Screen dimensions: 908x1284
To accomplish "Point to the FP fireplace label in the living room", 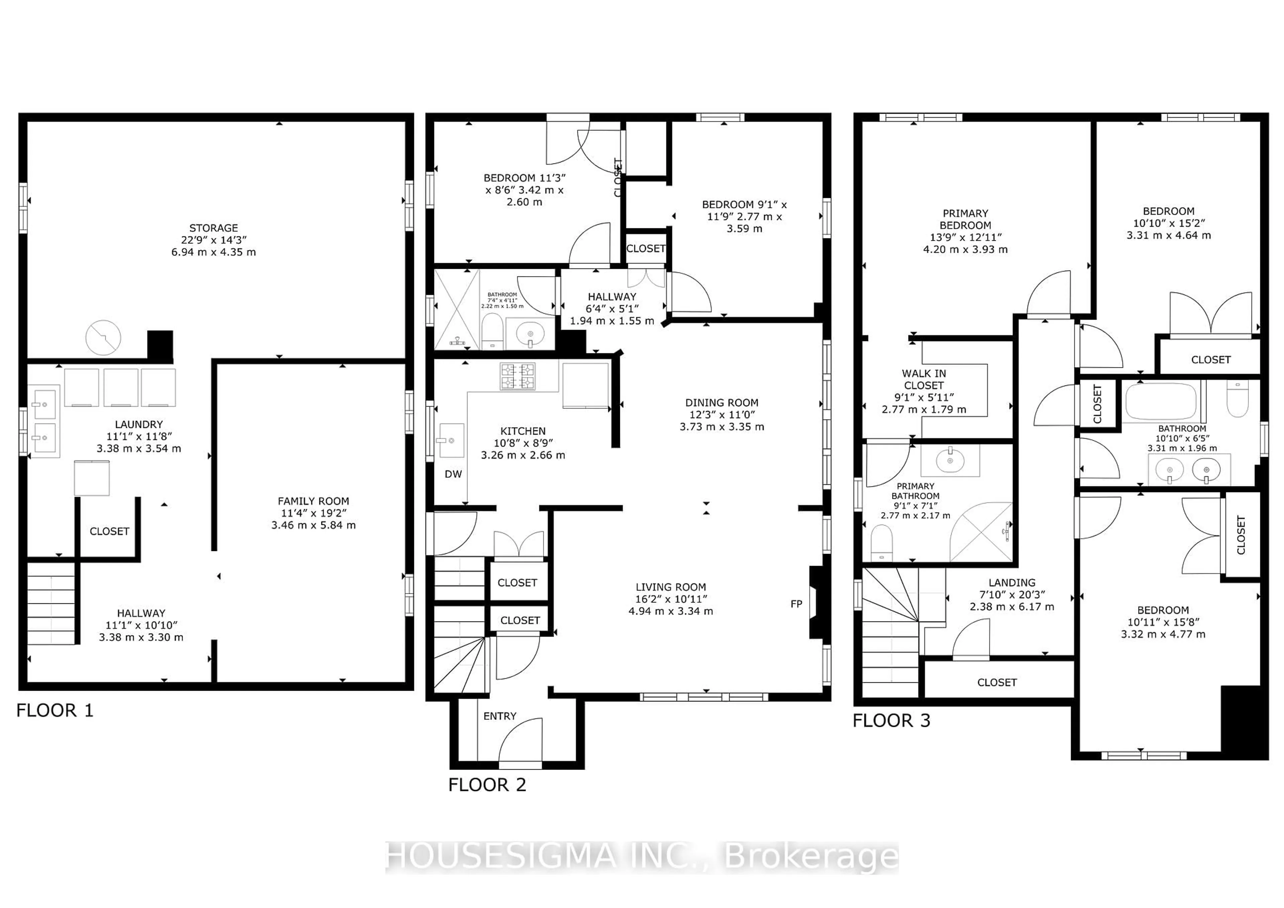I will [x=796, y=604].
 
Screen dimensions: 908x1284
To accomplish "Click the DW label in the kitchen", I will [x=453, y=474].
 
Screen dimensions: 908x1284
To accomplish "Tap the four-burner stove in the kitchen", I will [x=517, y=376].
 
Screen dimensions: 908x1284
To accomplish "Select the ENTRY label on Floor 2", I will [x=500, y=716].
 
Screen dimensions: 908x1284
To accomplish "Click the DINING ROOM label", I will [x=721, y=403].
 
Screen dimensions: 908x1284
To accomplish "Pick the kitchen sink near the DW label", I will [x=451, y=440].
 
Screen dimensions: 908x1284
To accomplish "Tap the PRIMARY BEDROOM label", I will [x=965, y=219].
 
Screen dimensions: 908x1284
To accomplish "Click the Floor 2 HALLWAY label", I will [x=612, y=297].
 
